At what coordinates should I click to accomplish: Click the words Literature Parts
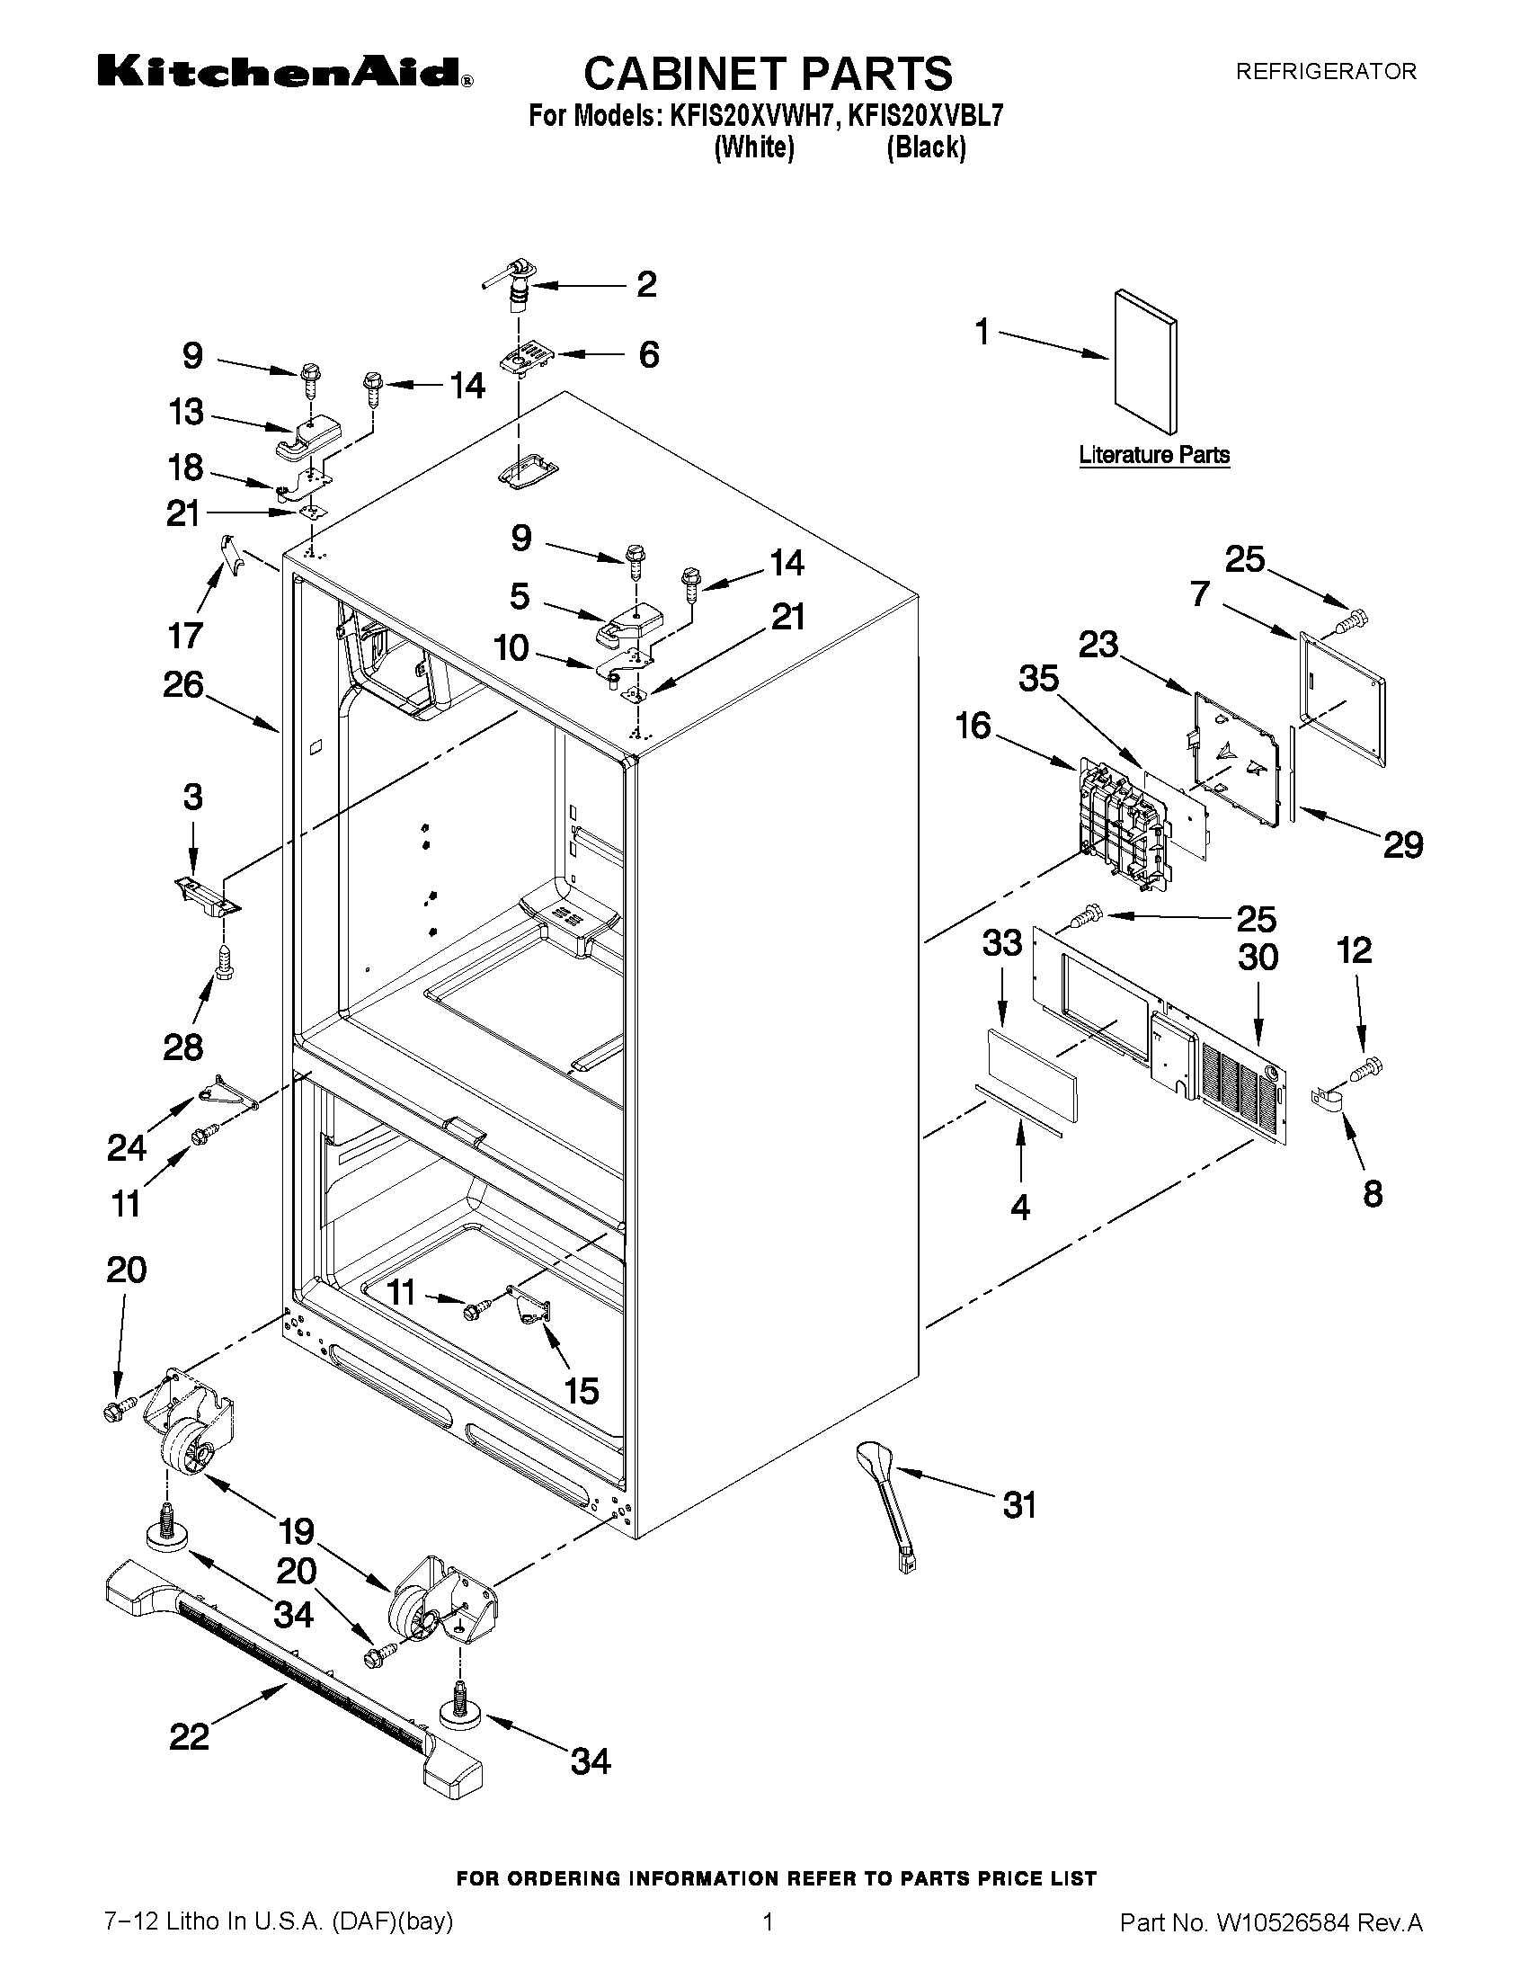[x=1154, y=455]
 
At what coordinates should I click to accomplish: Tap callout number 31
[x=1019, y=1505]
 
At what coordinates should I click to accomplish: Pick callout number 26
[x=183, y=685]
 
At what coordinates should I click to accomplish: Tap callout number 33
[x=1003, y=943]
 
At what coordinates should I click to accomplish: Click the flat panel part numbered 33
[x=1032, y=1075]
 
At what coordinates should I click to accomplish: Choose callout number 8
[x=1373, y=1193]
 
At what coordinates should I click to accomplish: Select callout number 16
[x=973, y=726]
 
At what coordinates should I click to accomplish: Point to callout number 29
[x=1402, y=844]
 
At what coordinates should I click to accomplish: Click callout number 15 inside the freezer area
[x=581, y=1390]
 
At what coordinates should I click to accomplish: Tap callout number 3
[x=192, y=797]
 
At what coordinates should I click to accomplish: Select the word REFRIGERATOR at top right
[x=1326, y=72]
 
